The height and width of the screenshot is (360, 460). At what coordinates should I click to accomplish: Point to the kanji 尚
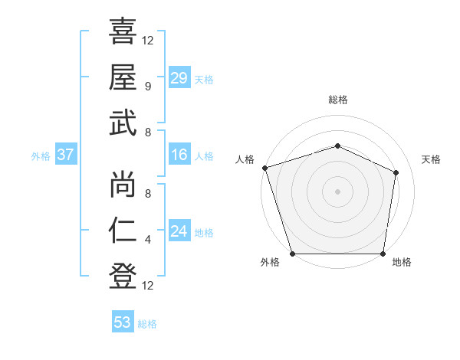[x=123, y=184]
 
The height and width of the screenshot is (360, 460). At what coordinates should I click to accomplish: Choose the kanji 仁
[x=123, y=231]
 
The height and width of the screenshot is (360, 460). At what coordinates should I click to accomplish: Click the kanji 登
[x=123, y=276]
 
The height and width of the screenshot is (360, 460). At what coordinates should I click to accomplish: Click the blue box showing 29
[x=179, y=78]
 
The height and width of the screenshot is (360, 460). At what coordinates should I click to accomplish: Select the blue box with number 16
[x=179, y=155]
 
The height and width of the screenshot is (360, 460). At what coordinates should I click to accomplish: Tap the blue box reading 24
[x=179, y=231]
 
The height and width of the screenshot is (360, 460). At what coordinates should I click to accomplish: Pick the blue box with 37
[x=65, y=155]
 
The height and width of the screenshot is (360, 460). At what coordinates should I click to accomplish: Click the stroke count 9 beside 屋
[x=147, y=86]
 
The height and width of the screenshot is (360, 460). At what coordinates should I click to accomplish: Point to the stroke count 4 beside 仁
[x=147, y=240]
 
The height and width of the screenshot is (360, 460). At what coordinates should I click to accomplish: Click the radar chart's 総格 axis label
[x=337, y=100]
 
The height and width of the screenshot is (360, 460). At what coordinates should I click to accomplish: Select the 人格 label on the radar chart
[x=245, y=159]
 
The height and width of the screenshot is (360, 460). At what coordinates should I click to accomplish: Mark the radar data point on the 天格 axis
[x=396, y=172]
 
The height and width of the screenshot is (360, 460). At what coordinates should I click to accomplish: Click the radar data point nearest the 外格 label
[x=292, y=254]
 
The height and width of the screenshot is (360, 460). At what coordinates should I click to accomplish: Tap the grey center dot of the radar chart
[x=337, y=191]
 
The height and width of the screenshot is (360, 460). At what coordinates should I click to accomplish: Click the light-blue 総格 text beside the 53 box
[x=147, y=324]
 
